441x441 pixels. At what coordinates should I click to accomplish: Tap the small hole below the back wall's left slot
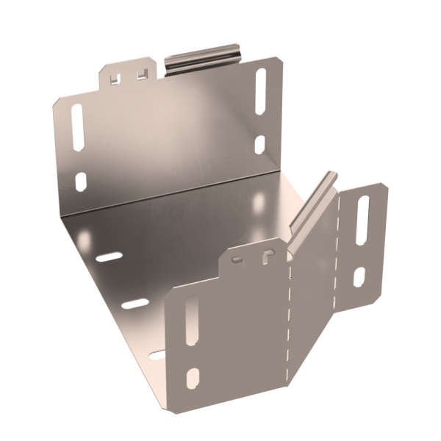[81, 181]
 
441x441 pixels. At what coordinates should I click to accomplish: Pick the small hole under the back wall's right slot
[259, 144]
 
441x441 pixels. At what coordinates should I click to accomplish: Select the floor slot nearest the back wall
[109, 257]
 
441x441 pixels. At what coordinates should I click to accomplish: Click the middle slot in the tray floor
[135, 303]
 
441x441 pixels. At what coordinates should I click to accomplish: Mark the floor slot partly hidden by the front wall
[159, 355]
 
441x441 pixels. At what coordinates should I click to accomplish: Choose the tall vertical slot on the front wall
[191, 320]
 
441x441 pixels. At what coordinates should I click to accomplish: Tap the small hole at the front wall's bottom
[193, 379]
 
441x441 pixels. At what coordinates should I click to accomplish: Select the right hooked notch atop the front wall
[267, 254]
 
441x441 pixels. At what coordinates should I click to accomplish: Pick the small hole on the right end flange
[359, 277]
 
